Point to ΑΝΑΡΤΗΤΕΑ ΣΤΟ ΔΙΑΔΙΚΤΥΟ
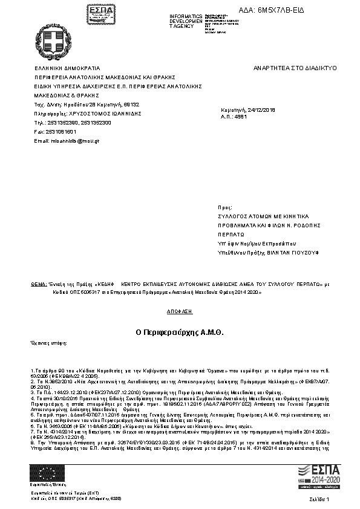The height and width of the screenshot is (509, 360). [295, 68]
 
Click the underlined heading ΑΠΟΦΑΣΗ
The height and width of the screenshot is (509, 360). [180, 311]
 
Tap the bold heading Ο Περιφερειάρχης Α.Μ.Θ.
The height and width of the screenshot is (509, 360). [180, 332]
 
